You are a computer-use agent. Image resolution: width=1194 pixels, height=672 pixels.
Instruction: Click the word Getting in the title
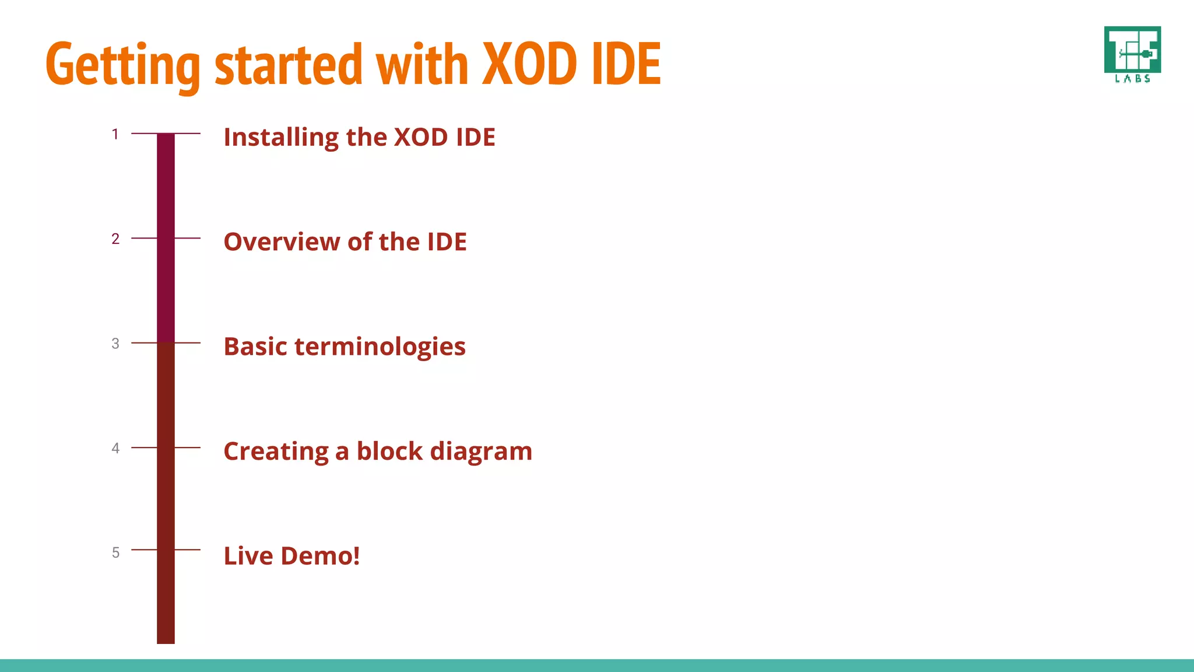coord(122,65)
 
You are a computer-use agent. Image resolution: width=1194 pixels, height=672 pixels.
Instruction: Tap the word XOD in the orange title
coord(531,64)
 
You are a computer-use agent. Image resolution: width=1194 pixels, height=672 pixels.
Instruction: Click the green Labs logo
coord(1132,54)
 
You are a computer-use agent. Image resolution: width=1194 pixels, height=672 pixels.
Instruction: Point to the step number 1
coord(115,134)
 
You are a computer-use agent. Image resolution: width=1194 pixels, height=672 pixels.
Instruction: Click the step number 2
coord(115,239)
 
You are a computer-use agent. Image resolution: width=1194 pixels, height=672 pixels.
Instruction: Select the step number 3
coord(115,344)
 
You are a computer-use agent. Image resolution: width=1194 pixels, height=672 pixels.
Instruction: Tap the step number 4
coord(115,448)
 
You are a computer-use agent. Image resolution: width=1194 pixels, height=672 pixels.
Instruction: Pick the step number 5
coord(115,552)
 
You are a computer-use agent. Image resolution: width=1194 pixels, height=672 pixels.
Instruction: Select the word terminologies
coord(380,347)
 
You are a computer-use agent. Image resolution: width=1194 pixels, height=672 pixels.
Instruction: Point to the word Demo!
coord(320,556)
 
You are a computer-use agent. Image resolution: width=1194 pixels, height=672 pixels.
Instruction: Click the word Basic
coord(255,347)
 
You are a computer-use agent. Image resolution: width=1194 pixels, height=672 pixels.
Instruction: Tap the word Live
coord(248,556)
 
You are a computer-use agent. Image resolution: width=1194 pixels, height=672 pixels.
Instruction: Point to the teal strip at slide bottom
coord(597,665)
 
